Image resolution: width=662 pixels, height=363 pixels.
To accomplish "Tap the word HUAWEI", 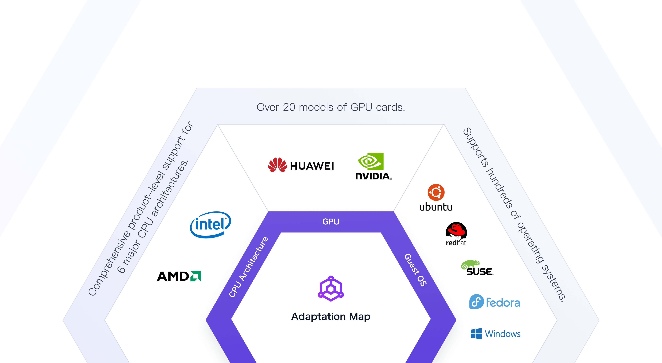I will [x=312, y=166].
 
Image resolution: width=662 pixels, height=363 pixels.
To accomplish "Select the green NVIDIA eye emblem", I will [x=371, y=161].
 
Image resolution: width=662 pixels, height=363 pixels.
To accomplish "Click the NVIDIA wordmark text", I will [x=373, y=176].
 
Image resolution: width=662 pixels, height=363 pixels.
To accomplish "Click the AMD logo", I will [x=179, y=276].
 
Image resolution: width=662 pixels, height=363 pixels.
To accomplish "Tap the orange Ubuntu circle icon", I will [x=436, y=192].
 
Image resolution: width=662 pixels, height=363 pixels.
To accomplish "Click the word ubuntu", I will [x=436, y=207].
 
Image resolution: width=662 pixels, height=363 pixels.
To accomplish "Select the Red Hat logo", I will [x=456, y=234].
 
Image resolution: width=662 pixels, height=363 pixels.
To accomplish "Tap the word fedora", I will [x=503, y=303].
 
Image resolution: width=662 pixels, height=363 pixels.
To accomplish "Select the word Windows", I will [x=502, y=334].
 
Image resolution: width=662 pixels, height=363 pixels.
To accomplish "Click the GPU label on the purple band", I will [x=331, y=221].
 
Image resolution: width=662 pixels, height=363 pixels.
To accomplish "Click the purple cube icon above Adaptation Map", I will [x=331, y=289].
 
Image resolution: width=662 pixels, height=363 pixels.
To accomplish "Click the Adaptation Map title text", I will [x=331, y=316].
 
